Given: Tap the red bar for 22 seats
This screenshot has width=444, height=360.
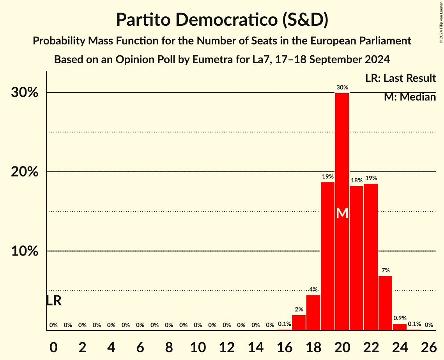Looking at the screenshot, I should (x=371, y=257).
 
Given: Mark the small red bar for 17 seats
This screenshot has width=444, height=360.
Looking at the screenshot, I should (x=299, y=323).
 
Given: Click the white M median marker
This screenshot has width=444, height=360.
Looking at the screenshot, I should (x=342, y=213).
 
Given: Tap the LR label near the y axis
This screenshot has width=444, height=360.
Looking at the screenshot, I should (x=53, y=300).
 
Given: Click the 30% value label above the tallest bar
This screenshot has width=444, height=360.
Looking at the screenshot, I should (x=342, y=88).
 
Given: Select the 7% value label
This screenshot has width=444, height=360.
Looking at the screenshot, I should (x=386, y=270).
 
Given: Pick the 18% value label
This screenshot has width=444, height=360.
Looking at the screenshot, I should (x=357, y=180).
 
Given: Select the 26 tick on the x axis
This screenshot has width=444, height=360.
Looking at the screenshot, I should (x=428, y=346).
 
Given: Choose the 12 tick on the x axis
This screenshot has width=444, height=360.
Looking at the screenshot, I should (x=226, y=346).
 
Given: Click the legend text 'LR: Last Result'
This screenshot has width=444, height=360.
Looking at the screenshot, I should (x=400, y=78).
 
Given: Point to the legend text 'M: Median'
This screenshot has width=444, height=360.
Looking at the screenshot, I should (x=410, y=97).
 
